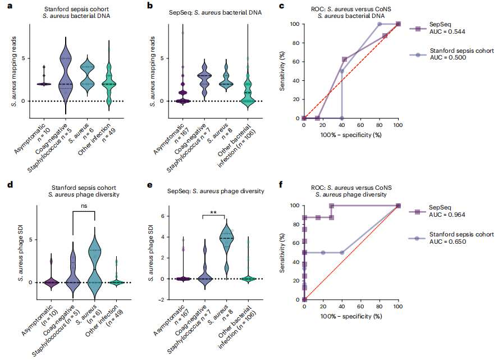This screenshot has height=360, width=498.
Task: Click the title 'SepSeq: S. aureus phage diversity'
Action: [x=210, y=191]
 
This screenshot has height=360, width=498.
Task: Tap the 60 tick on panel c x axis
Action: [x=360, y=125]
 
